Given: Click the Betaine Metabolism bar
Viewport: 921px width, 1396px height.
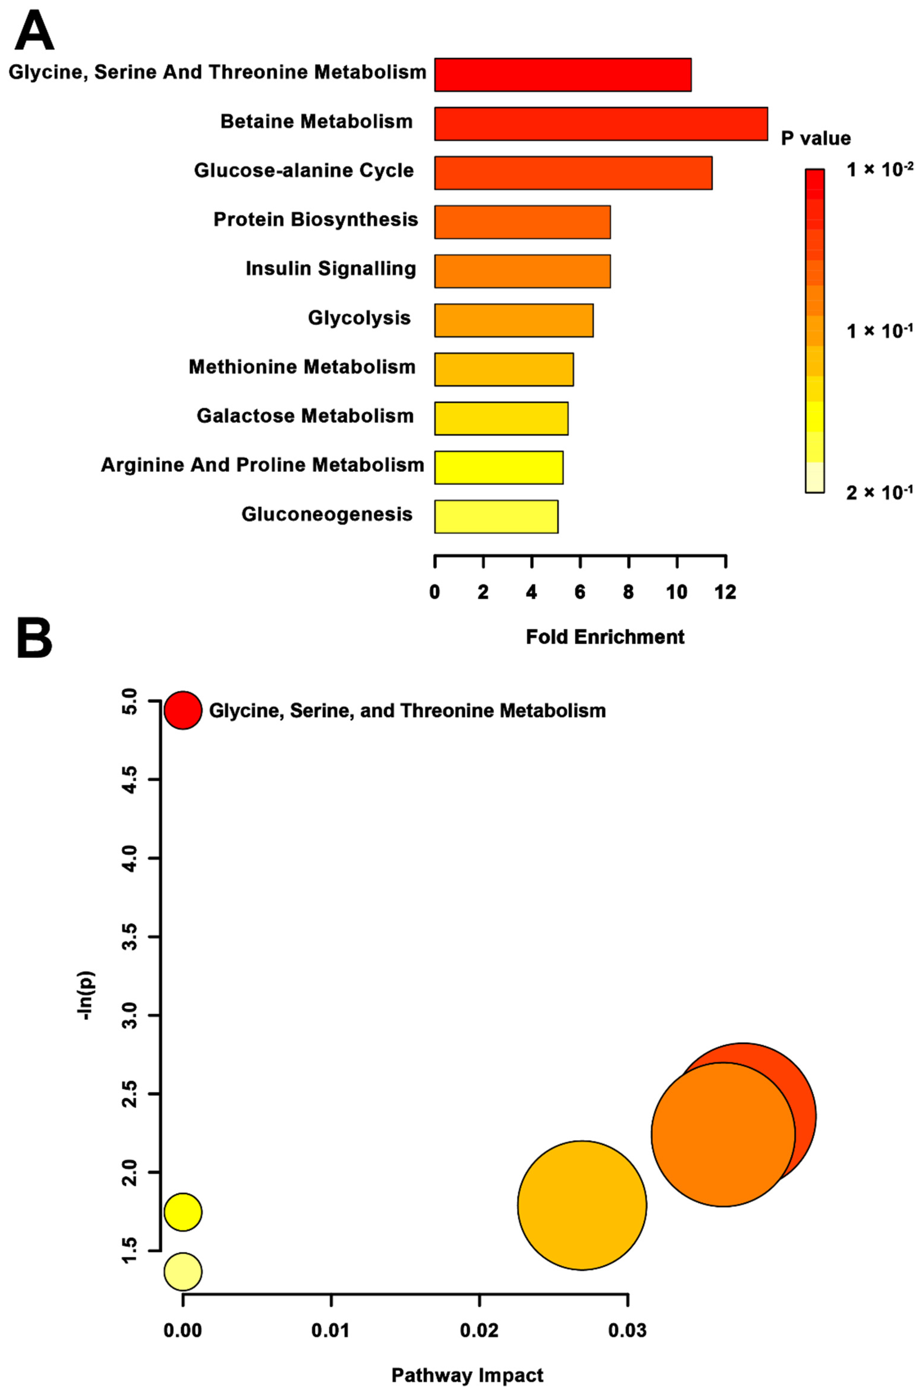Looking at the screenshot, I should point(600,124).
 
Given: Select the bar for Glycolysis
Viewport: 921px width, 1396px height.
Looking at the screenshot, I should point(513,320).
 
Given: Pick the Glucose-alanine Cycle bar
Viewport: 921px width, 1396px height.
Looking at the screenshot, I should point(573,173).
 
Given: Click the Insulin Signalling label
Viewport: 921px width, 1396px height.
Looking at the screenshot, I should point(331,268).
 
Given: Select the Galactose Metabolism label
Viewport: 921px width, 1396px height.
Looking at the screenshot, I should point(305,416).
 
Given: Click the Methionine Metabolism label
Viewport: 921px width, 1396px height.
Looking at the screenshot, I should point(302,367).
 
